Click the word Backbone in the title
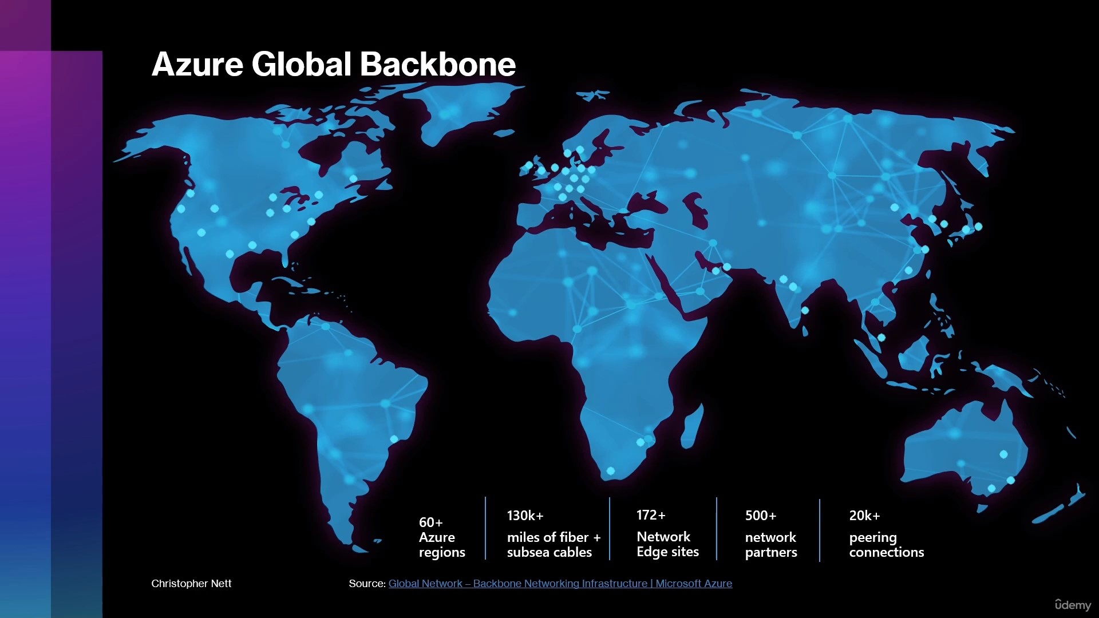438,64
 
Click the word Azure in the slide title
197,64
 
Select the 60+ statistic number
431,522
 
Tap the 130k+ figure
525,516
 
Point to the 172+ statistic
651,515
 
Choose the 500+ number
761,516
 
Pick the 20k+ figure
864,516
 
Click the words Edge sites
668,552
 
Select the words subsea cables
549,552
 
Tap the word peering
873,538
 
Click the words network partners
771,545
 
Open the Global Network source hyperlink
560,584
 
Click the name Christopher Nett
191,584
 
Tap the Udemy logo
1073,605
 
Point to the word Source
367,584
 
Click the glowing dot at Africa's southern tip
611,471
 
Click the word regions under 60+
442,553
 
